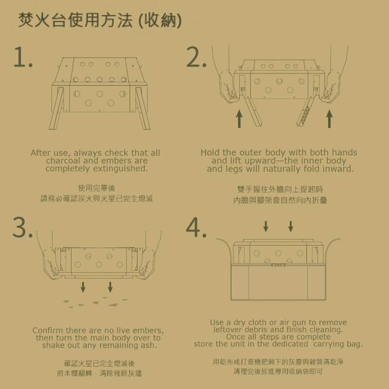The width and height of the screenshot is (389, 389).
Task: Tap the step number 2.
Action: pos(196,57)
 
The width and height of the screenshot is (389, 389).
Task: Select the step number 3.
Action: pos(22,227)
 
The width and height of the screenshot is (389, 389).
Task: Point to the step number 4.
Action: pos(196,227)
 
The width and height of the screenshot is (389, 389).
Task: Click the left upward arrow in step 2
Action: pos(239,119)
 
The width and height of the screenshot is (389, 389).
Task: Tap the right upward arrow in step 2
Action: pos(329,119)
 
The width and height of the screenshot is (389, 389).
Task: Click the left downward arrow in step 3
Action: pos(83,287)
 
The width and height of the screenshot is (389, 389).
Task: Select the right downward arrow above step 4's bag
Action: pos(291,227)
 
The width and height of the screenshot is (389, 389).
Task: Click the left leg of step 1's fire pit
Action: pos(57,108)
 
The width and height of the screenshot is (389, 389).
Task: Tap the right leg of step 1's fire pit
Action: pos(142,108)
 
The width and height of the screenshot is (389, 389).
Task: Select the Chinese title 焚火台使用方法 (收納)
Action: pos(100,20)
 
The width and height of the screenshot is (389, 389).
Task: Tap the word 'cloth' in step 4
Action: pos(258,322)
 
